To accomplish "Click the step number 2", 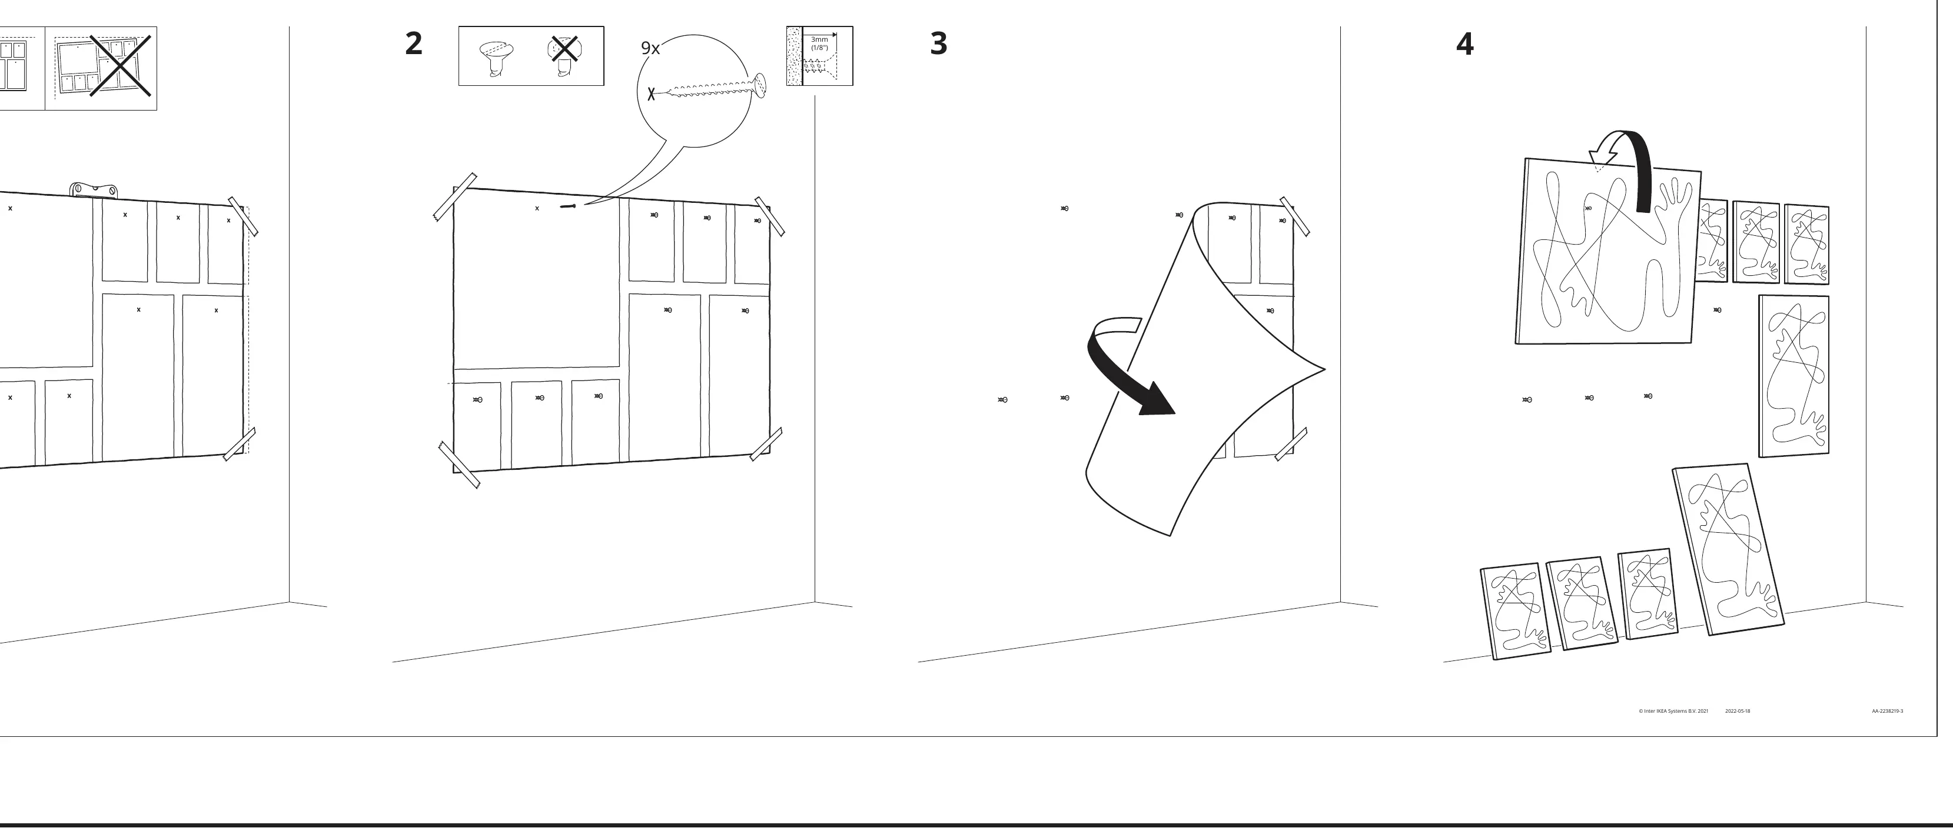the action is pyautogui.click(x=413, y=43).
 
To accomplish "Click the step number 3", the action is pyautogui.click(x=939, y=43).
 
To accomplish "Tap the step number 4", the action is pyautogui.click(x=1464, y=44).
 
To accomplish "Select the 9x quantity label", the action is pyautogui.click(x=650, y=48).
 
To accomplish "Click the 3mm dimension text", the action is pyautogui.click(x=819, y=39).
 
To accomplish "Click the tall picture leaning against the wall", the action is pyautogui.click(x=1728, y=549).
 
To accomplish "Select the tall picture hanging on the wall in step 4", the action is pyautogui.click(x=1794, y=376).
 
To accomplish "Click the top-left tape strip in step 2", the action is pyautogui.click(x=455, y=196).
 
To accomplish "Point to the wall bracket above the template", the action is pyautogui.click(x=94, y=189).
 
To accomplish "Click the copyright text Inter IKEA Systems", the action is pyautogui.click(x=1673, y=712).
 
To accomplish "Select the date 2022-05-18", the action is pyautogui.click(x=1738, y=712).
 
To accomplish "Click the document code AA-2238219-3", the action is pyautogui.click(x=1887, y=712).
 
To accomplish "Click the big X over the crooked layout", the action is pyautogui.click(x=121, y=66).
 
